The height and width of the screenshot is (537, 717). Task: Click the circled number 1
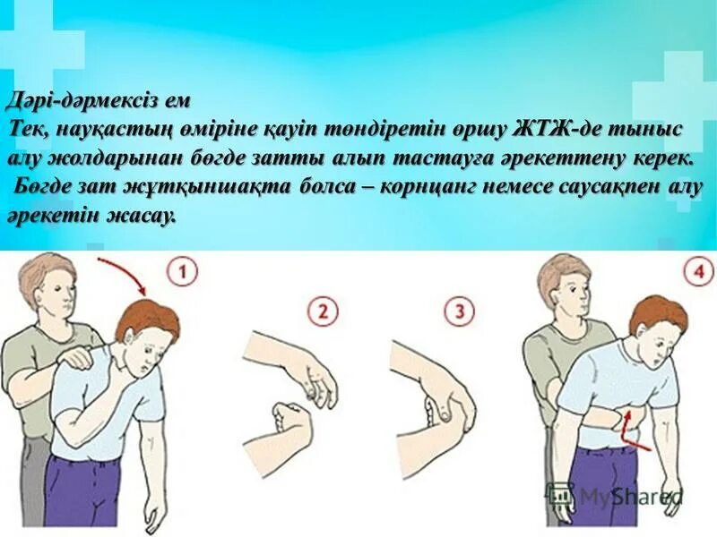(184, 270)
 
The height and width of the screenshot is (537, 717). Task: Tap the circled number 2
(324, 313)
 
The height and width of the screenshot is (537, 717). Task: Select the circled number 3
(460, 313)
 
